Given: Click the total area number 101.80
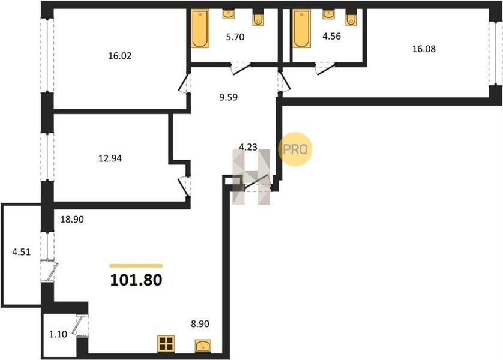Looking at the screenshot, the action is click(136, 280).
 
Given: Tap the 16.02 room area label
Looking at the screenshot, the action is click(120, 56).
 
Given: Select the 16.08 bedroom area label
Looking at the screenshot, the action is click(424, 49).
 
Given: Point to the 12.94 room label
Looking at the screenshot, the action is click(110, 158).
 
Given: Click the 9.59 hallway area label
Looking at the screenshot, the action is click(229, 97).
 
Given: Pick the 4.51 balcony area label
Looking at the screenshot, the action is click(21, 252).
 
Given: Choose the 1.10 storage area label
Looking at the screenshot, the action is click(58, 334).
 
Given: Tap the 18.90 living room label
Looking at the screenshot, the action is click(72, 219).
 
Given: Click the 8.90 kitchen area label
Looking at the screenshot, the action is click(200, 324).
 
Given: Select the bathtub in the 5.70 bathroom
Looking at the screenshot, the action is click(200, 29).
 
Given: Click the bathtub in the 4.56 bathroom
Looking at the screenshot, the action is click(301, 28).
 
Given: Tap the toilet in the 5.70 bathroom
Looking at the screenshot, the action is click(258, 20).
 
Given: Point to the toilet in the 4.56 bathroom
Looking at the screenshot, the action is click(351, 20).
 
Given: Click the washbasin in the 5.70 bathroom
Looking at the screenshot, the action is click(229, 14).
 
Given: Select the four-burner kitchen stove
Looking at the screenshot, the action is click(166, 344).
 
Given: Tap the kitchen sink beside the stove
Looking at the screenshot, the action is click(203, 346).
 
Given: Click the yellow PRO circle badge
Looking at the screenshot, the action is click(295, 149).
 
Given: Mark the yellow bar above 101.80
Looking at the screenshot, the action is click(136, 265).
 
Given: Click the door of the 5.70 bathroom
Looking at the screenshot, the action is click(241, 68).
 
